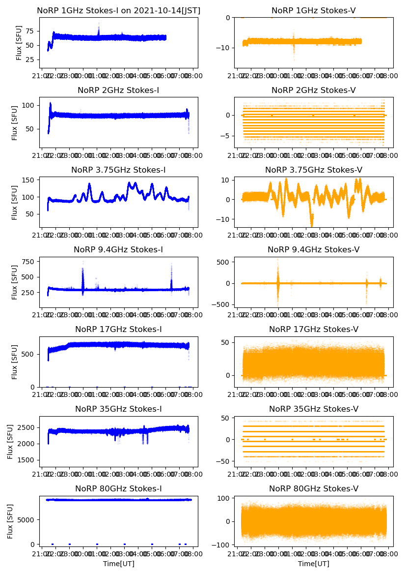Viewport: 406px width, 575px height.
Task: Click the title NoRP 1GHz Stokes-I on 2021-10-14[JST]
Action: tap(119, 10)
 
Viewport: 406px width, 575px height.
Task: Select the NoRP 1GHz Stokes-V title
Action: tap(314, 10)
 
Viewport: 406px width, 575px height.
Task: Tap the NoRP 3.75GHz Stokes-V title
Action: tap(314, 170)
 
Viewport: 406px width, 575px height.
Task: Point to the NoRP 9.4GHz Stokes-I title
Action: tap(118, 250)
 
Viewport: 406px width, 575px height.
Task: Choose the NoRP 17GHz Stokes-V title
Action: tap(314, 330)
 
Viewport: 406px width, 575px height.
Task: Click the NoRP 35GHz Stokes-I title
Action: tap(118, 409)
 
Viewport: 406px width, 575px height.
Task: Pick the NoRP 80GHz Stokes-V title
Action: tap(314, 489)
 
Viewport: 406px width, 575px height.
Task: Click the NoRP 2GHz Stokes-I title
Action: tap(118, 91)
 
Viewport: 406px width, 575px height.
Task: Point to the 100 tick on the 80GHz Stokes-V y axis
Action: tap(223, 499)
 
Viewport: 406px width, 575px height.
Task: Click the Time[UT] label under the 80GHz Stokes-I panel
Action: tap(118, 564)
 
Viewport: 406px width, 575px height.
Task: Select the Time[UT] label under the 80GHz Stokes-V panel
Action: tap(314, 564)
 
